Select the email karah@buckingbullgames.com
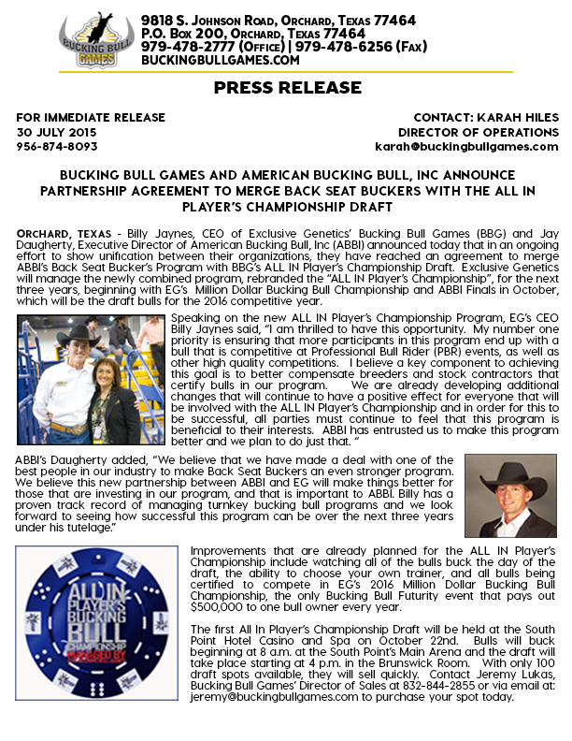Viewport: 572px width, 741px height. pyautogui.click(x=466, y=146)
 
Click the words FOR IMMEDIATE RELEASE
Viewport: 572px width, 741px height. pyautogui.click(x=91, y=118)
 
